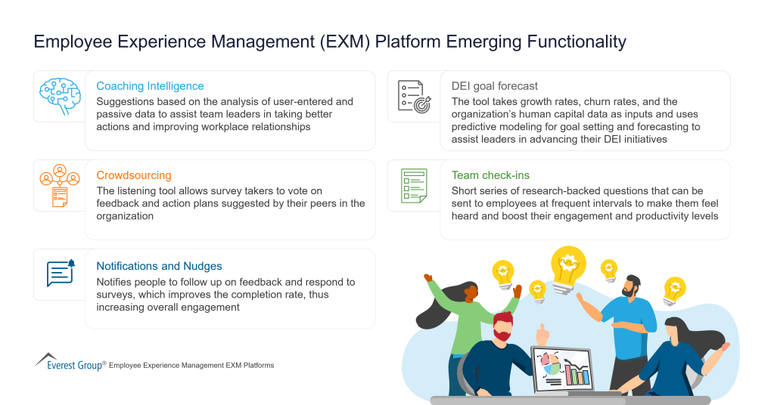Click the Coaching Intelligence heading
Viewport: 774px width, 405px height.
click(x=150, y=86)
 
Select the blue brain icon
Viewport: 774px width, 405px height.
click(x=59, y=95)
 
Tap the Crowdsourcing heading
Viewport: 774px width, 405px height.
click(x=134, y=175)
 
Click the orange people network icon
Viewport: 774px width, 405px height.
click(x=59, y=184)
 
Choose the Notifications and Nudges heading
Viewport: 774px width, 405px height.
click(x=159, y=266)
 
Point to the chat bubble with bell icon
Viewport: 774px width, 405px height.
click(x=61, y=274)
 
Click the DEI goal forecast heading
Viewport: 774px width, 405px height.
click(x=495, y=86)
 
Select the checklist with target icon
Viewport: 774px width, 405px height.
click(x=414, y=96)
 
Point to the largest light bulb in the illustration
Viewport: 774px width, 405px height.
click(x=567, y=266)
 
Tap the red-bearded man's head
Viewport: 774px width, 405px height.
click(x=502, y=326)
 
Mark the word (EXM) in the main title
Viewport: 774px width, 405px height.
click(x=347, y=42)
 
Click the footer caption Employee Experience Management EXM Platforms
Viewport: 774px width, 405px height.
click(x=191, y=366)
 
